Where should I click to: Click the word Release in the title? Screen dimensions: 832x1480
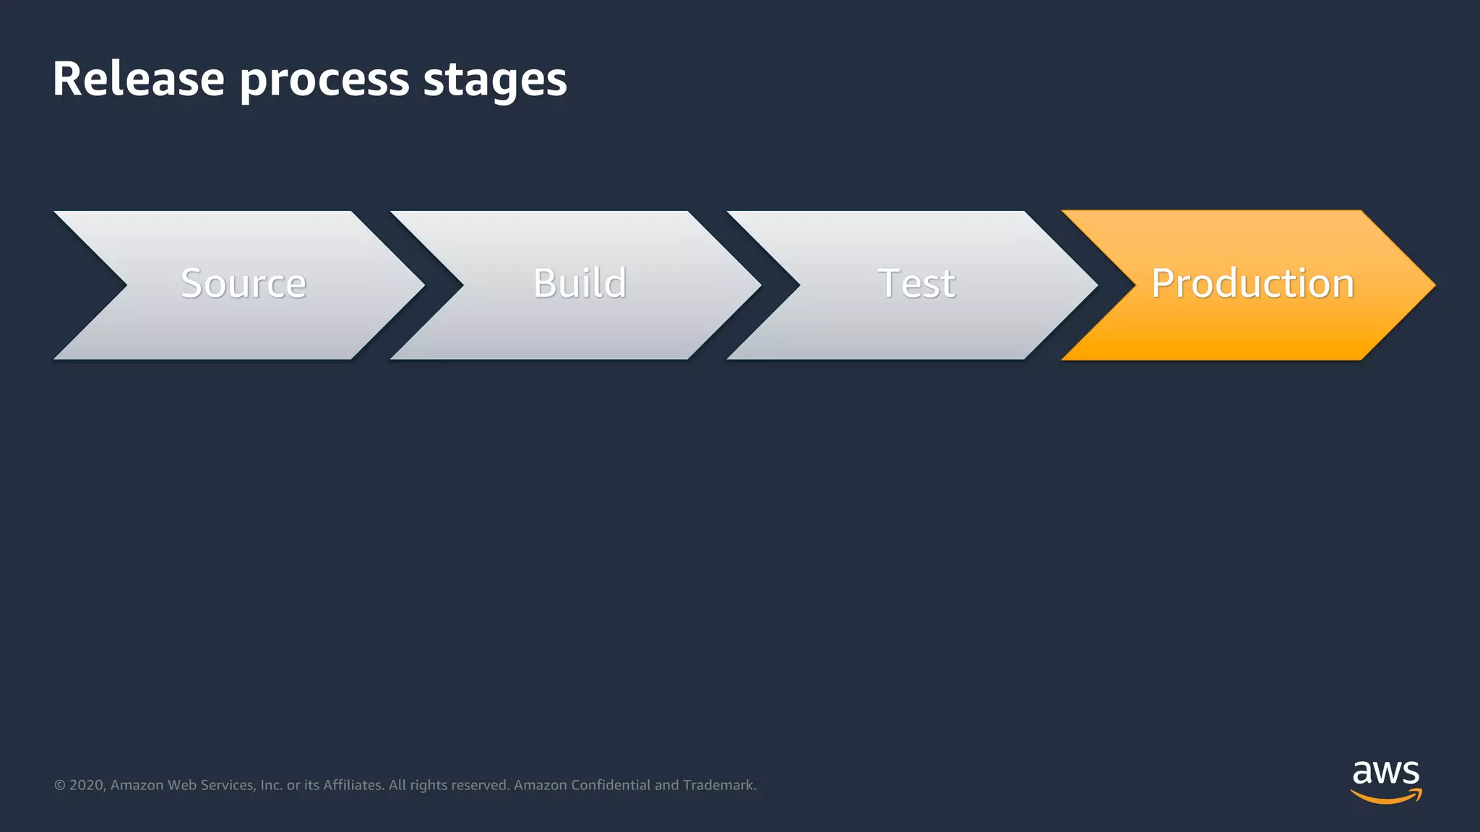coord(138,79)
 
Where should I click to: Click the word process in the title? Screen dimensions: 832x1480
coord(324,81)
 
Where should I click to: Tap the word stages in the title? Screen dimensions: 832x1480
coord(495,81)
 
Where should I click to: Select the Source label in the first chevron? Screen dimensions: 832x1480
coord(244,283)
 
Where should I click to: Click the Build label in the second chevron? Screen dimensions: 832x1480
coord(580,283)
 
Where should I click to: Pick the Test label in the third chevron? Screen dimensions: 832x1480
coord(916,283)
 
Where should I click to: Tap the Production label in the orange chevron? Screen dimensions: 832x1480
coord(1252,283)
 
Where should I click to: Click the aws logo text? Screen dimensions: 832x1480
coord(1385,773)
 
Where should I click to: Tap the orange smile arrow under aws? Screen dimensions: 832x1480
coord(1385,797)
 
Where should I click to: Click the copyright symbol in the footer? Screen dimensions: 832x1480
coord(60,785)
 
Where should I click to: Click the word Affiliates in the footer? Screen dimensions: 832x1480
coord(353,785)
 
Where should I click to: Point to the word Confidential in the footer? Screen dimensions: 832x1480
coord(611,785)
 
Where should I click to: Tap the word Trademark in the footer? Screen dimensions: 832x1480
coord(719,785)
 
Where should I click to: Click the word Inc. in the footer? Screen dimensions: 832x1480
coord(271,785)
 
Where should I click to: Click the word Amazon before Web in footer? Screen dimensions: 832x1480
coord(137,785)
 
